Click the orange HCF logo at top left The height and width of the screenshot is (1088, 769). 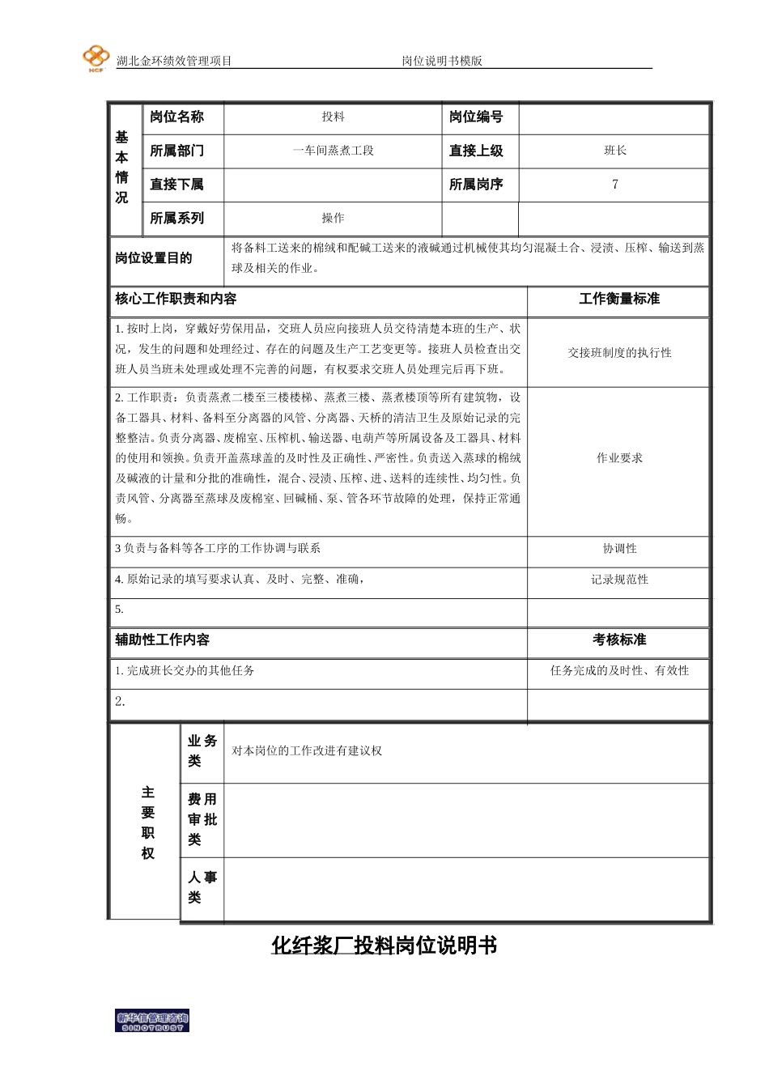[96, 58]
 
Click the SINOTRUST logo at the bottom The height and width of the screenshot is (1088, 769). [152, 1022]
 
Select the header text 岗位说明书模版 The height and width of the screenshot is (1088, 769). [442, 61]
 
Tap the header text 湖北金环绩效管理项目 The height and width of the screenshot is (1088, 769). [174, 61]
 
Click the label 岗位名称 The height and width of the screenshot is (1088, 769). [176, 117]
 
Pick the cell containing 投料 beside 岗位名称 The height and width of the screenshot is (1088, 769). [333, 117]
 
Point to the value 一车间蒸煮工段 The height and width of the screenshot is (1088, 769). [333, 151]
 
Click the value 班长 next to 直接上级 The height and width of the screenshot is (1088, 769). [615, 151]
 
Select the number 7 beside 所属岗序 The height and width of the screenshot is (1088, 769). [615, 185]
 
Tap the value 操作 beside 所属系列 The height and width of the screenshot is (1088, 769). [333, 219]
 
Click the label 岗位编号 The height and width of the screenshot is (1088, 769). [476, 117]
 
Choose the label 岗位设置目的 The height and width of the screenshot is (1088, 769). [154, 258]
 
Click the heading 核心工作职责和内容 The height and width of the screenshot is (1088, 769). [176, 299]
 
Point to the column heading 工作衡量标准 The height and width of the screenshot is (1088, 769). [619, 299]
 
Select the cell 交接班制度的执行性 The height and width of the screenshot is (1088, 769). [619, 353]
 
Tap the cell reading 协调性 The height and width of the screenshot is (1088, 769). [619, 549]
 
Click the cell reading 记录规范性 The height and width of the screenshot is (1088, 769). [619, 580]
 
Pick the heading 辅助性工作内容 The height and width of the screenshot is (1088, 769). [162, 640]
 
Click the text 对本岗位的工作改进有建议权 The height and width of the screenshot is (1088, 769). [307, 751]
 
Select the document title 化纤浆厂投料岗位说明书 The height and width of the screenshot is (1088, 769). [384, 946]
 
